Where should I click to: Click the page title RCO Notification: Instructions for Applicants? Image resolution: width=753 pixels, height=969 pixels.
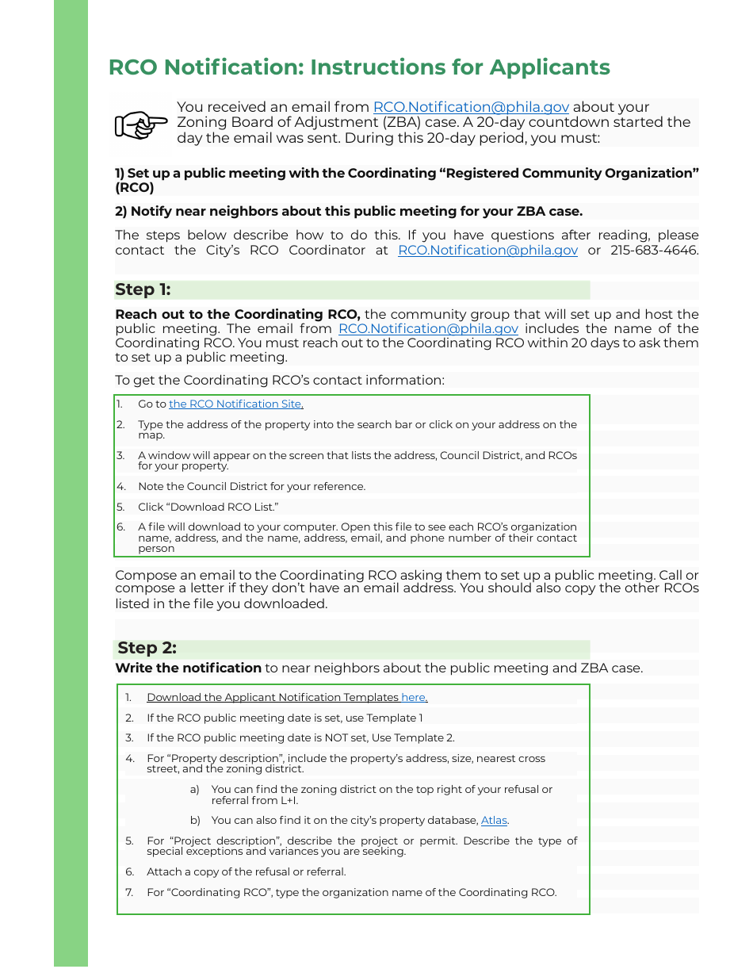[359, 67]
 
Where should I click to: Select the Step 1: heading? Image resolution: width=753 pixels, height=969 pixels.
[143, 289]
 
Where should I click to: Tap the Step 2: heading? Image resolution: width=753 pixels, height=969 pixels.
[147, 648]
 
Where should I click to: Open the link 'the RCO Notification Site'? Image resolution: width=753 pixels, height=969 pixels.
[235, 404]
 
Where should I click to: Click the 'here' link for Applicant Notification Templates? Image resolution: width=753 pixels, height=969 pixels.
[413, 698]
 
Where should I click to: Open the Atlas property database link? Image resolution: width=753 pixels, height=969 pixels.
[494, 821]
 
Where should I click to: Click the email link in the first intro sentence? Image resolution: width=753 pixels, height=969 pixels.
[471, 107]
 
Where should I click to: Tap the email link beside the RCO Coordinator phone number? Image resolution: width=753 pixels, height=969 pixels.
[487, 251]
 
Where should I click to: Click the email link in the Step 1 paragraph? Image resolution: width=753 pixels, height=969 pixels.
[428, 329]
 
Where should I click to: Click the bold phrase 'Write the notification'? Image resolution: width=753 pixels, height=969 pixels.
[188, 668]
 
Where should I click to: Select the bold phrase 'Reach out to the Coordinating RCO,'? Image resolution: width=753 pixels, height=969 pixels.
[238, 315]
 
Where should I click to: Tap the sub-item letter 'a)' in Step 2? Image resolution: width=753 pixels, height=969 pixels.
[195, 790]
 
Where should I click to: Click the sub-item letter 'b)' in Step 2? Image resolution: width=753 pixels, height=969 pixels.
[195, 821]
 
